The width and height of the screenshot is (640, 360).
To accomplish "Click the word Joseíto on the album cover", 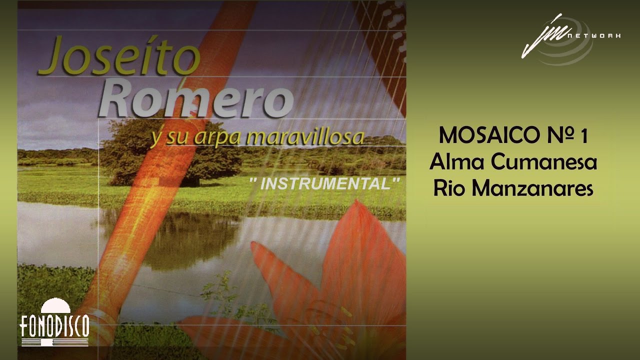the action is point(119,55).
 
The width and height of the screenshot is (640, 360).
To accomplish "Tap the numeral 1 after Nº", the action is point(583,136).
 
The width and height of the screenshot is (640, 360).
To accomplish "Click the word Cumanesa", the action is point(544,162).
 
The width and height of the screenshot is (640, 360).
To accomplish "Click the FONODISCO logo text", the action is point(54,326).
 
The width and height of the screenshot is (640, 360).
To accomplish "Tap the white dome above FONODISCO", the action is point(55,305).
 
